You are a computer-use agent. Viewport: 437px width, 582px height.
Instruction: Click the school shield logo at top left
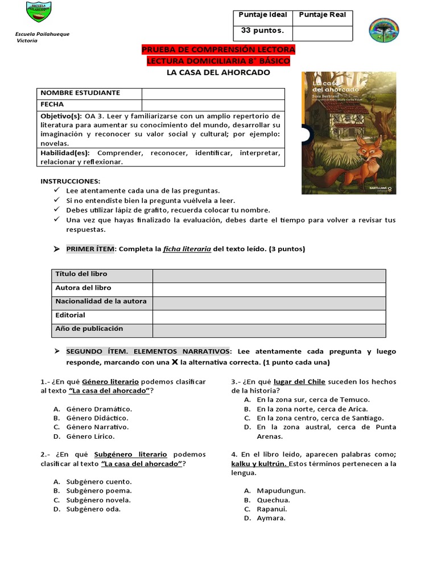[39, 15]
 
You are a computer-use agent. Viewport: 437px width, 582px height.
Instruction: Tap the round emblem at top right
[384, 30]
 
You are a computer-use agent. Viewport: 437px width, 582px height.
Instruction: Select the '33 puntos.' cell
[262, 31]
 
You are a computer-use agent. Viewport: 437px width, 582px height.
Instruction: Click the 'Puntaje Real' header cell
[322, 15]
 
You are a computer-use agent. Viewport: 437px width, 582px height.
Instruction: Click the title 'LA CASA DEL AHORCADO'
[218, 72]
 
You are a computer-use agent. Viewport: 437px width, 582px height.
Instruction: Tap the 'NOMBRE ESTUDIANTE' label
[80, 93]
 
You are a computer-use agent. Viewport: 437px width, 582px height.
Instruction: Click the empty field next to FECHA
[213, 105]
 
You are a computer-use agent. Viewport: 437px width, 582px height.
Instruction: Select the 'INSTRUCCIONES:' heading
[70, 181]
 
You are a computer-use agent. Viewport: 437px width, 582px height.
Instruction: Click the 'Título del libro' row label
[81, 274]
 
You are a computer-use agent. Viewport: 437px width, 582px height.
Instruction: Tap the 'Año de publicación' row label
[89, 329]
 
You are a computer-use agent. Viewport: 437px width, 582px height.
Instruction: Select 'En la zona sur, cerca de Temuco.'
[313, 400]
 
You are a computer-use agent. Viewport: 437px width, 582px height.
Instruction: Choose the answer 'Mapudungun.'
[281, 490]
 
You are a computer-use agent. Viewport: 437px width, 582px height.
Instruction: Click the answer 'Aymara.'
[271, 518]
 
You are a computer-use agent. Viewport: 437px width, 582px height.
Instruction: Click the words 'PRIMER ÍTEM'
[90, 249]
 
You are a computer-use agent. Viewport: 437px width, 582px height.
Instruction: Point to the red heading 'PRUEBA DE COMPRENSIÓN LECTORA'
[218, 50]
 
